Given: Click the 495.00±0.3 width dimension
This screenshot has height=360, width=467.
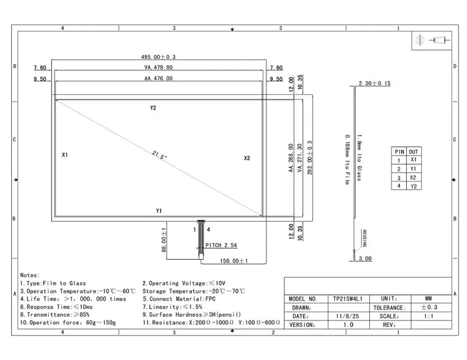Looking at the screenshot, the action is click(x=158, y=57).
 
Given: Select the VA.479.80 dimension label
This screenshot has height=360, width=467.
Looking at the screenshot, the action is click(x=159, y=68).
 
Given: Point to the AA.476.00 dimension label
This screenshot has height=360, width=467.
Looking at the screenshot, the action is click(x=159, y=78).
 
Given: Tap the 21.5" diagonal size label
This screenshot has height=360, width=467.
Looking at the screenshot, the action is click(x=160, y=155).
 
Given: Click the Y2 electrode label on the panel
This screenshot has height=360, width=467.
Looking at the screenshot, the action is click(x=153, y=108).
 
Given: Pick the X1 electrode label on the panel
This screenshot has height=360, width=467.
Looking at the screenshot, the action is click(x=65, y=155).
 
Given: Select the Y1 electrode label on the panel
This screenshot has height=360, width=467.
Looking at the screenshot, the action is click(x=159, y=211).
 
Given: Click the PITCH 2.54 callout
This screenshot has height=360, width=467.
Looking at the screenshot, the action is click(x=221, y=245).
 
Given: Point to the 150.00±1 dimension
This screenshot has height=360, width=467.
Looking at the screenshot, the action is click(x=234, y=261).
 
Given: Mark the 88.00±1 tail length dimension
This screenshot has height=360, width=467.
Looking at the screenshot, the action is click(x=164, y=240).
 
